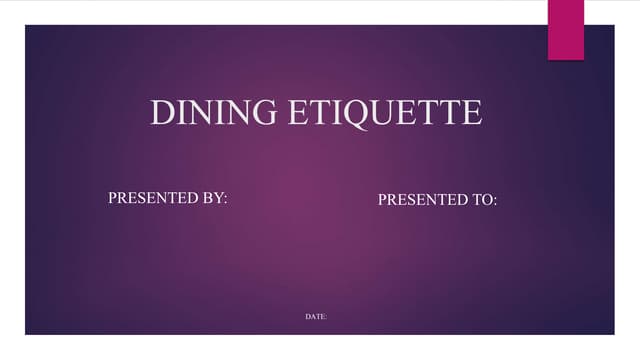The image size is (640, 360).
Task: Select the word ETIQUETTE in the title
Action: coord(385,112)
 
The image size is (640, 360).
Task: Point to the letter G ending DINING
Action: coord(267,112)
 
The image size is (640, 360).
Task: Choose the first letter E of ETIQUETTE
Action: coord(298,112)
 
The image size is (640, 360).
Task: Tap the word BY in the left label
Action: coord(213,198)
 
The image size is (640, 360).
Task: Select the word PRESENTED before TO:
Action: coord(423,200)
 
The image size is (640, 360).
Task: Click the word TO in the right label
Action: coord(482,200)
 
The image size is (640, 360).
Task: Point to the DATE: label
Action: coord(316,317)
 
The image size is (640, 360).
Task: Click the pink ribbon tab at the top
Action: coord(565,28)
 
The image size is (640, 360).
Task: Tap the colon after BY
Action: coord(226,199)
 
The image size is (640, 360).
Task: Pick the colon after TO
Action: coord(495,201)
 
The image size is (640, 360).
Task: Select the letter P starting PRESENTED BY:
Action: coord(112,198)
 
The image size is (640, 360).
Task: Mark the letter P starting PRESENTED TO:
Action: coord(382,200)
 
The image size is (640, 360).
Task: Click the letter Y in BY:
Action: coord(218,198)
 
